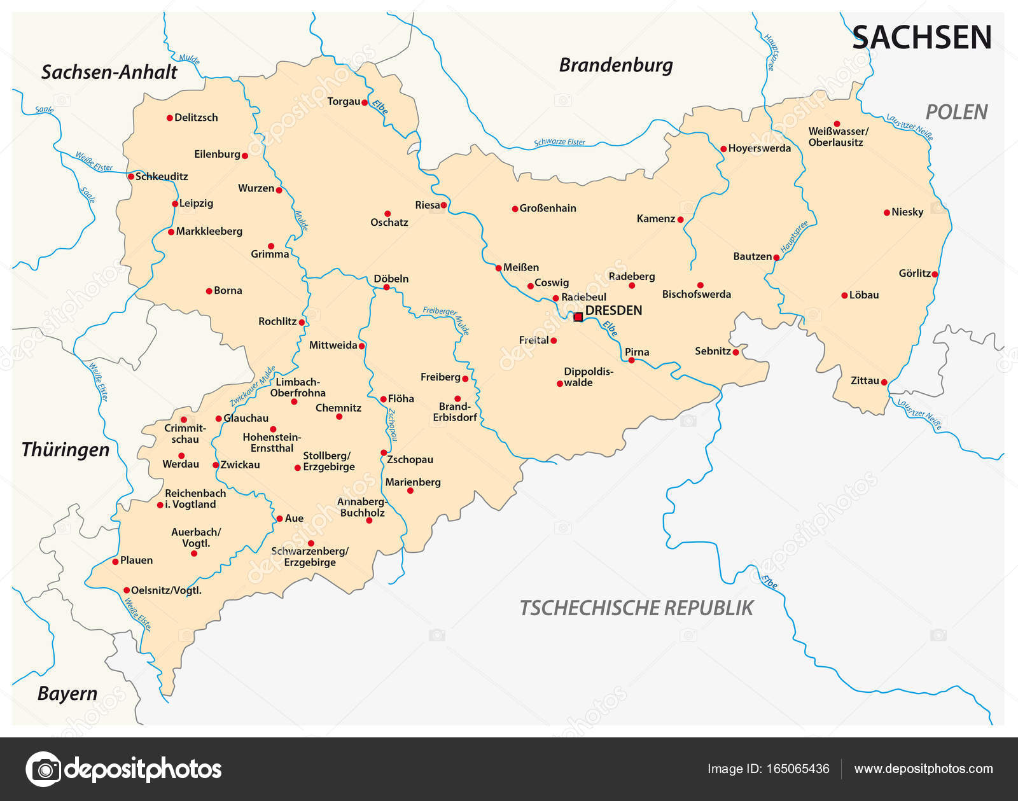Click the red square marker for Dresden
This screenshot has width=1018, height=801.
pyautogui.click(x=578, y=317)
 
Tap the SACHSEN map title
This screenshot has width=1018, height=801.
pyautogui.click(x=922, y=38)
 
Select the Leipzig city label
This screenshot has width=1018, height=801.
pyautogui.click(x=196, y=204)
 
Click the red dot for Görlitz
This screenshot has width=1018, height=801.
pyautogui.click(x=935, y=274)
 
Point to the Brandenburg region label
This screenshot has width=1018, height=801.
pyautogui.click(x=615, y=66)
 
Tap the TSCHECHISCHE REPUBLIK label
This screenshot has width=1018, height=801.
pyautogui.click(x=636, y=608)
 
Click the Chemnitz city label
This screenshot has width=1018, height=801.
pyautogui.click(x=338, y=408)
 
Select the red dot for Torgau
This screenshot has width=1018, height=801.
pyautogui.click(x=365, y=102)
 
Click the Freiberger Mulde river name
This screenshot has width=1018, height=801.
pyautogui.click(x=447, y=319)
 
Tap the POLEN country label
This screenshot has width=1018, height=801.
pyautogui.click(x=956, y=113)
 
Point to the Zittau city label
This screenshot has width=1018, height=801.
pyautogui.click(x=865, y=380)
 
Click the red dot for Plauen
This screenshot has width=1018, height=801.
pyautogui.click(x=115, y=561)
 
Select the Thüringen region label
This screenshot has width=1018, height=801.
pyautogui.click(x=66, y=450)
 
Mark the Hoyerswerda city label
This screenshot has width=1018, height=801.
pyautogui.click(x=759, y=148)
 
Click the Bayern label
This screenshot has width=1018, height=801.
pyautogui.click(x=67, y=693)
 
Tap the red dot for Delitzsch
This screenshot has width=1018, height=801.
pyautogui.click(x=170, y=118)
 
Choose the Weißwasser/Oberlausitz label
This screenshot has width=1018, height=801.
pyautogui.click(x=837, y=137)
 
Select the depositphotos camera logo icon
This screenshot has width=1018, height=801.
pyautogui.click(x=44, y=769)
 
